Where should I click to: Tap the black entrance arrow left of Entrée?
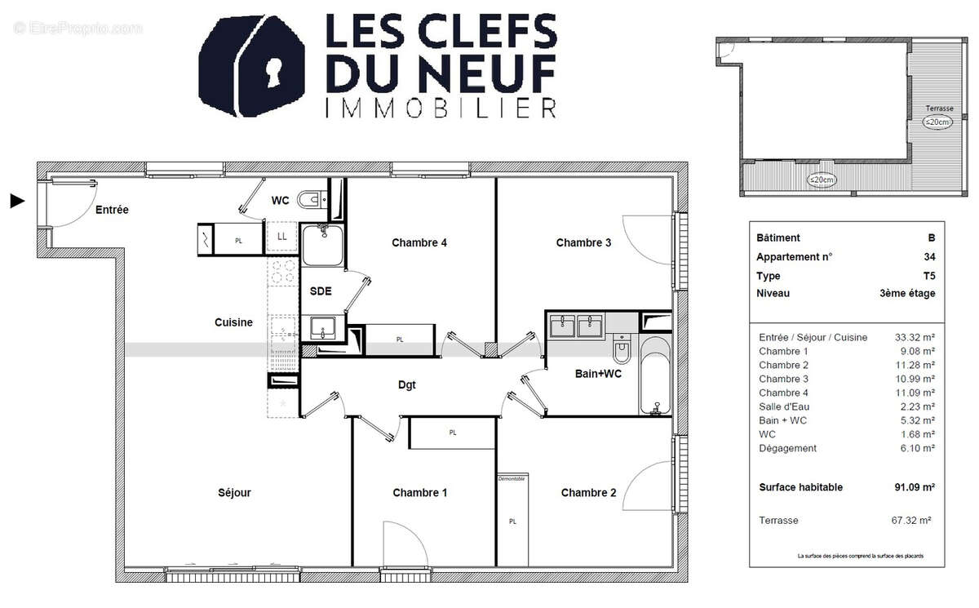[17, 201]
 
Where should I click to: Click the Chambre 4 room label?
[419, 242]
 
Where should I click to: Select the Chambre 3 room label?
[583, 242]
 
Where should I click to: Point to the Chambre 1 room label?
[420, 493]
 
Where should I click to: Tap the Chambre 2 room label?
[588, 493]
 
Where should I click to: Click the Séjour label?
[234, 493]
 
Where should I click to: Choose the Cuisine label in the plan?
[233, 322]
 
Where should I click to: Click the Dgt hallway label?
[407, 385]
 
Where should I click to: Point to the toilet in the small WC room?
[310, 200]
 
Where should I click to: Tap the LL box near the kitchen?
[282, 237]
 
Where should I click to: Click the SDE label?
[321, 291]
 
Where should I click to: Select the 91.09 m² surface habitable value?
[914, 487]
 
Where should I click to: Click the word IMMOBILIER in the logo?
[441, 109]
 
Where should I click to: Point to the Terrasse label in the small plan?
[938, 109]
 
